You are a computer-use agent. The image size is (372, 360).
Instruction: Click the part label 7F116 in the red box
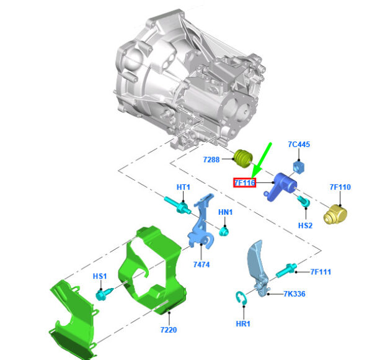245,182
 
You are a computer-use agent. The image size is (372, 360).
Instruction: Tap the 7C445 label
299,145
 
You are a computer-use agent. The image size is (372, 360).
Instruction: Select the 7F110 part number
340,187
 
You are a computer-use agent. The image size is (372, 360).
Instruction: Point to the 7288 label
211,160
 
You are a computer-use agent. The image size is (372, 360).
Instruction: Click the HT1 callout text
184,187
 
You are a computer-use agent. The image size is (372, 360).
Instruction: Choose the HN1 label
226,212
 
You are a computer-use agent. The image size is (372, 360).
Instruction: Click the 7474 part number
201,264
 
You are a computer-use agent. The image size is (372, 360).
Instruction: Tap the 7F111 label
321,272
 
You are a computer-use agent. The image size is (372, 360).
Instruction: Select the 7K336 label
294,294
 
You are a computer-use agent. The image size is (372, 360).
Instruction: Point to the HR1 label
243,323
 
